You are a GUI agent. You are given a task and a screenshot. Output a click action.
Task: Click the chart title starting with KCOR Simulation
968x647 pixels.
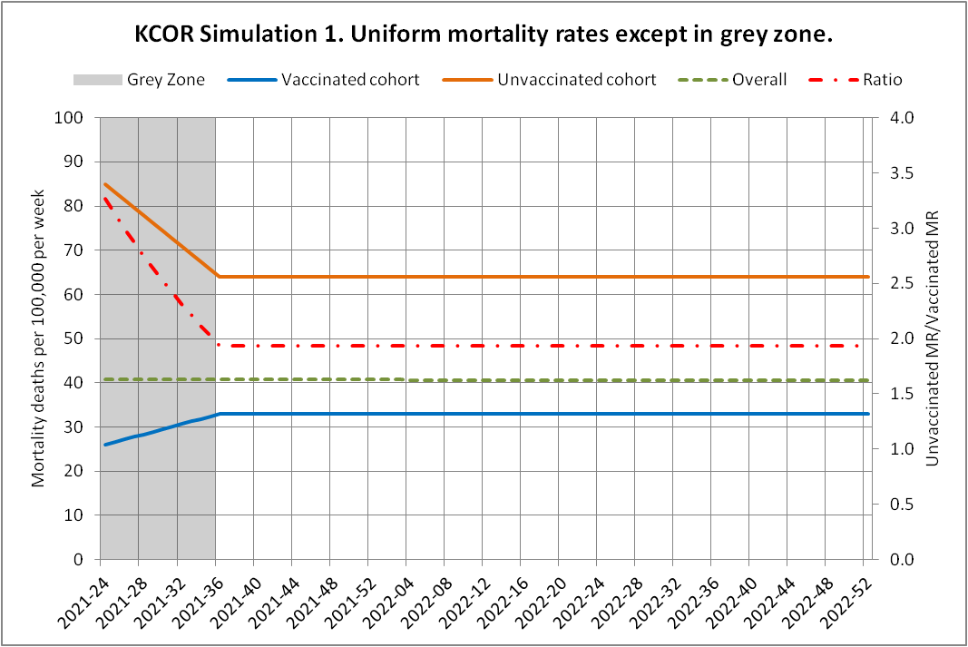click(x=484, y=35)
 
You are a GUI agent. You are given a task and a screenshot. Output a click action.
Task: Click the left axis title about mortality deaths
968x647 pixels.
click(x=39, y=338)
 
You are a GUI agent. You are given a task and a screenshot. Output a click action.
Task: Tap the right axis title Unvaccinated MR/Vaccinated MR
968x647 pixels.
click(x=931, y=338)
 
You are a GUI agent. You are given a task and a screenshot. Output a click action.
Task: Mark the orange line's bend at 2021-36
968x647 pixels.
click(x=217, y=276)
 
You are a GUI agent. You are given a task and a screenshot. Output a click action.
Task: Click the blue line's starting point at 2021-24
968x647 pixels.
click(x=105, y=445)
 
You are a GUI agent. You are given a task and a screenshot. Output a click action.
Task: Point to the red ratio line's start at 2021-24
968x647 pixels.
click(x=105, y=198)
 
